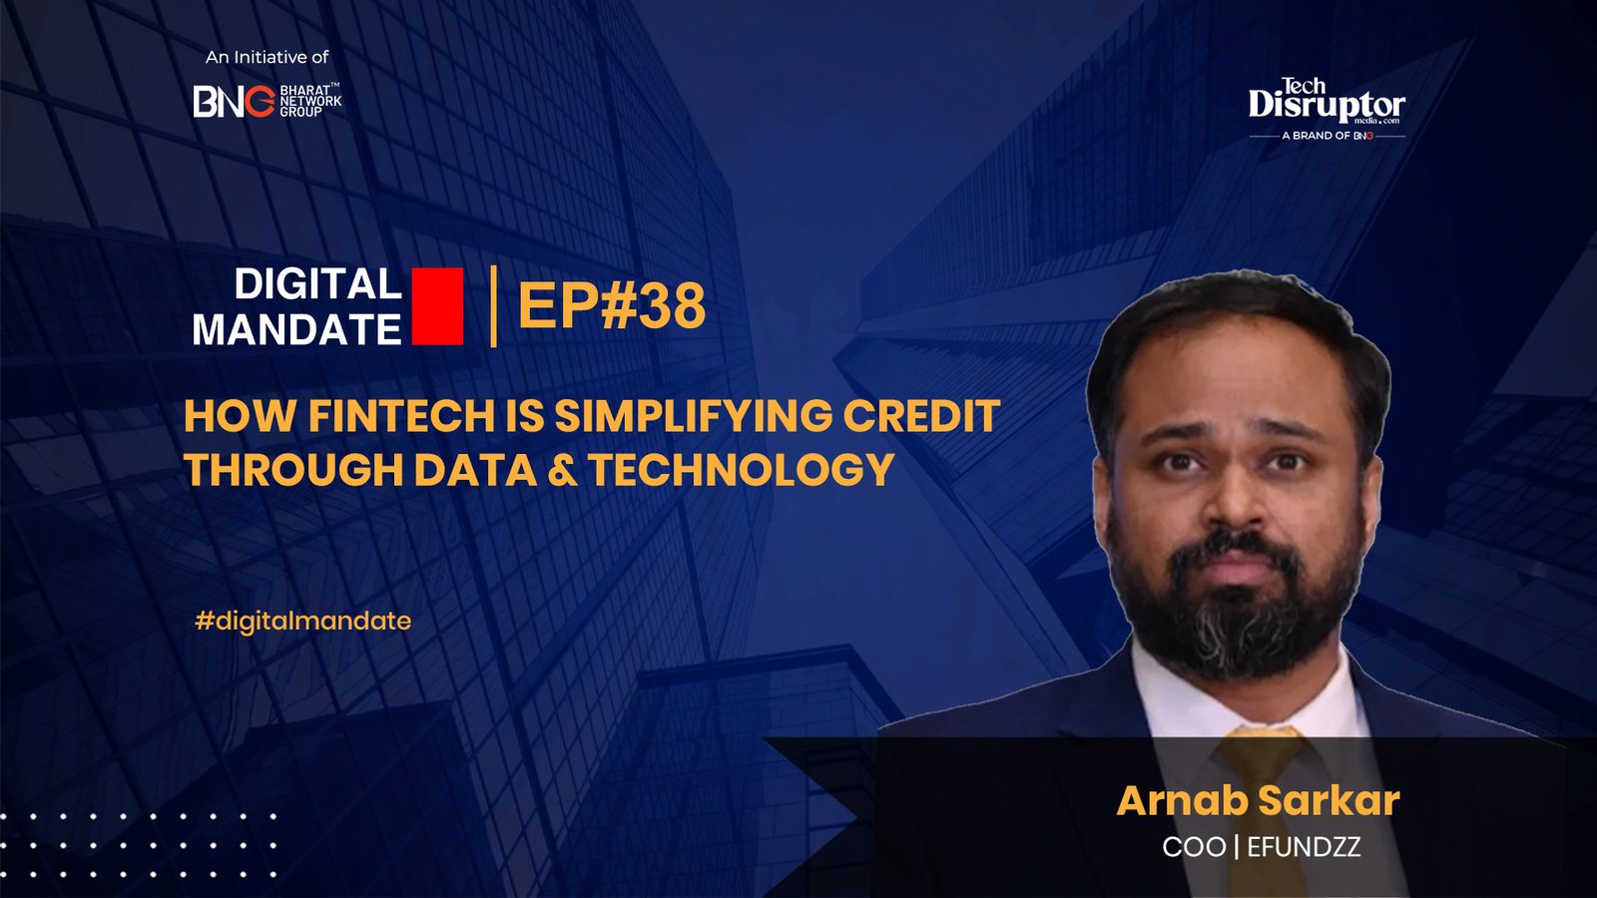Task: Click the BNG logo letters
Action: tap(234, 101)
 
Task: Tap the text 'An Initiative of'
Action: tap(266, 57)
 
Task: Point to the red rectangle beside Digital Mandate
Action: tap(437, 306)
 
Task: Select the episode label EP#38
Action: tap(612, 305)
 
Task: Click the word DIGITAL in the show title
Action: tap(318, 283)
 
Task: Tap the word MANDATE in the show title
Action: tap(296, 329)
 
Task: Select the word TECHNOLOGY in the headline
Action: tap(742, 470)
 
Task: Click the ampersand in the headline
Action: tap(563, 470)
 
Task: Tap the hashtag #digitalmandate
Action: tap(303, 621)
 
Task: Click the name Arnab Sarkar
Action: tap(1259, 800)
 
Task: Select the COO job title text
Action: tap(1194, 847)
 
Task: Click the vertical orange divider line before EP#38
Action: tap(493, 306)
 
